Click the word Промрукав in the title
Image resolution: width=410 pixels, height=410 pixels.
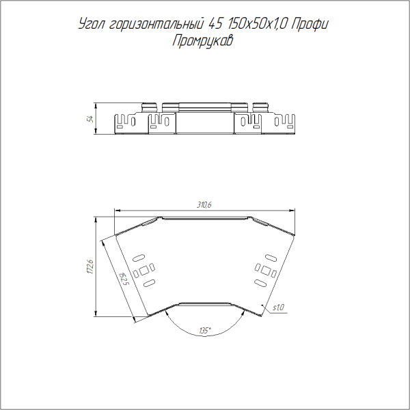(202, 41)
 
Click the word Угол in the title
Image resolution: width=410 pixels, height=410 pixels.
(92, 25)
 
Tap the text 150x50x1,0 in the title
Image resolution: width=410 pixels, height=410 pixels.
(258, 25)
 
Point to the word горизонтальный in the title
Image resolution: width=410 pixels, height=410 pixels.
(156, 25)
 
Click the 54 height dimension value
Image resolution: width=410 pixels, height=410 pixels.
(90, 119)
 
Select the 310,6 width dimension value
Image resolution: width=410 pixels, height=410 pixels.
(204, 205)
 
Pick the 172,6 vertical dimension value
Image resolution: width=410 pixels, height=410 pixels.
(90, 266)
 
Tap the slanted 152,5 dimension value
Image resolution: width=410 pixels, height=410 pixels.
(123, 279)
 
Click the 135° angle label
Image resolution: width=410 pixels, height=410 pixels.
(205, 331)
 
